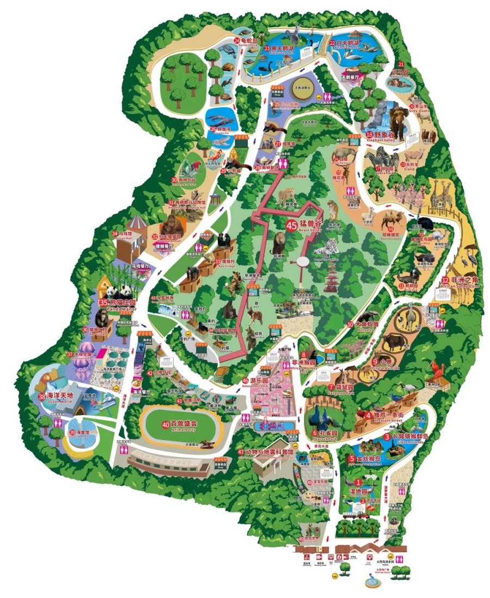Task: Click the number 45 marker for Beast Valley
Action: pyautogui.click(x=291, y=224)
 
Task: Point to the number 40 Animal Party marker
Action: pyautogui.click(x=166, y=424)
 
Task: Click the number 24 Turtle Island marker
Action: pyautogui.click(x=237, y=40)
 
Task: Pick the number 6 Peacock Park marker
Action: pyautogui.click(x=314, y=433)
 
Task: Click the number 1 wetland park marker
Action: pyautogui.click(x=358, y=482)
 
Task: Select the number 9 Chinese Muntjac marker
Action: pyautogui.click(x=375, y=361)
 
